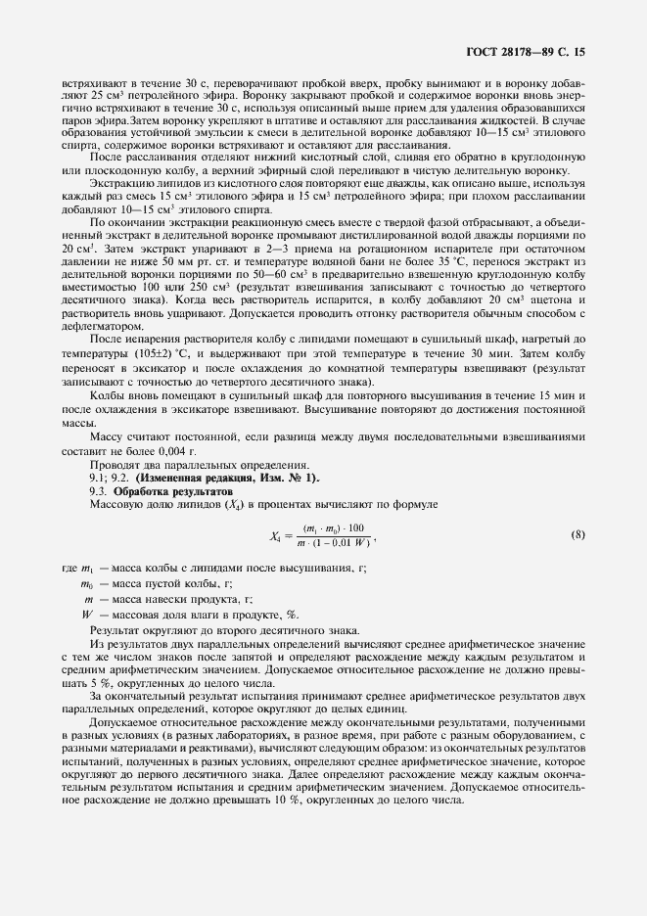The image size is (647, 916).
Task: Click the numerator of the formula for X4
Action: click(334, 527)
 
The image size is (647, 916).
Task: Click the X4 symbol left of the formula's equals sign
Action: click(277, 535)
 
